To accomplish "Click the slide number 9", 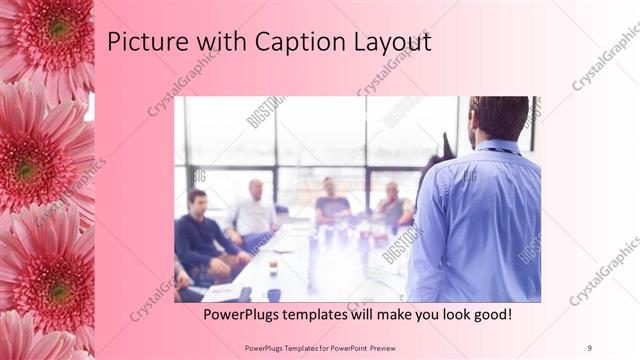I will coord(590,346).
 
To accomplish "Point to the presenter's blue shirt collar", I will coord(498,147).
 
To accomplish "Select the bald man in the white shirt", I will coord(254,211).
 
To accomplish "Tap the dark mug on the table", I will coord(273,295).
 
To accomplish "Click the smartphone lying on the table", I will coord(244,293).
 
